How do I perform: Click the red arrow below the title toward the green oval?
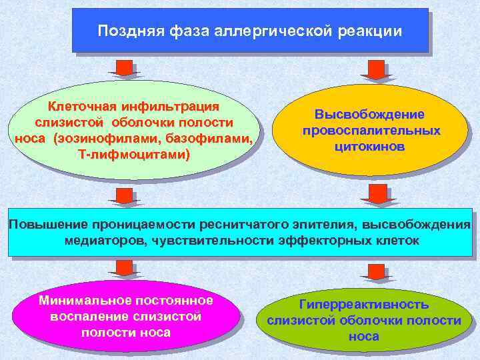pyautogui.click(x=122, y=68)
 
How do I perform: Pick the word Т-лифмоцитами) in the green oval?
pyautogui.click(x=133, y=155)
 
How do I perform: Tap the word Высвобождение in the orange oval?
pyautogui.click(x=371, y=115)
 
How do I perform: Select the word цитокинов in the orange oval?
pyautogui.click(x=371, y=146)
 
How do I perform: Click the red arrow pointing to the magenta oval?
pyautogui.click(x=122, y=268)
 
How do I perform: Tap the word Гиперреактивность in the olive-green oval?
pyautogui.click(x=363, y=304)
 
